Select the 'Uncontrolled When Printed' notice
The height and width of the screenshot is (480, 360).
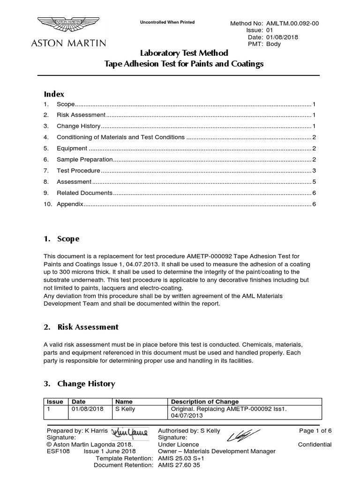(x=168, y=22)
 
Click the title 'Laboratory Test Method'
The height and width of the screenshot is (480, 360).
(x=184, y=53)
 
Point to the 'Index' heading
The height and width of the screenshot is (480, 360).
(x=54, y=94)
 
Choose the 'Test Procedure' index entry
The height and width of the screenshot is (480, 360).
(x=78, y=171)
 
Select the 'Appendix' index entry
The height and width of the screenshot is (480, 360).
(x=70, y=204)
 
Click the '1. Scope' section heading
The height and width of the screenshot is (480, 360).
(x=61, y=239)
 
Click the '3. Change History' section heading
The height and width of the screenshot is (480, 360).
(x=79, y=383)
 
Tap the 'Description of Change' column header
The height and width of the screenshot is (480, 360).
(x=205, y=402)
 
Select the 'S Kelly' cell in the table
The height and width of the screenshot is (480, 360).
(x=125, y=409)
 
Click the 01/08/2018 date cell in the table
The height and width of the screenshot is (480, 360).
(x=87, y=409)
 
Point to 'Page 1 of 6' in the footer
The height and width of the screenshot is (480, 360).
(x=315, y=430)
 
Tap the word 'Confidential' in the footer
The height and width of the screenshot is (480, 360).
(x=315, y=444)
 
